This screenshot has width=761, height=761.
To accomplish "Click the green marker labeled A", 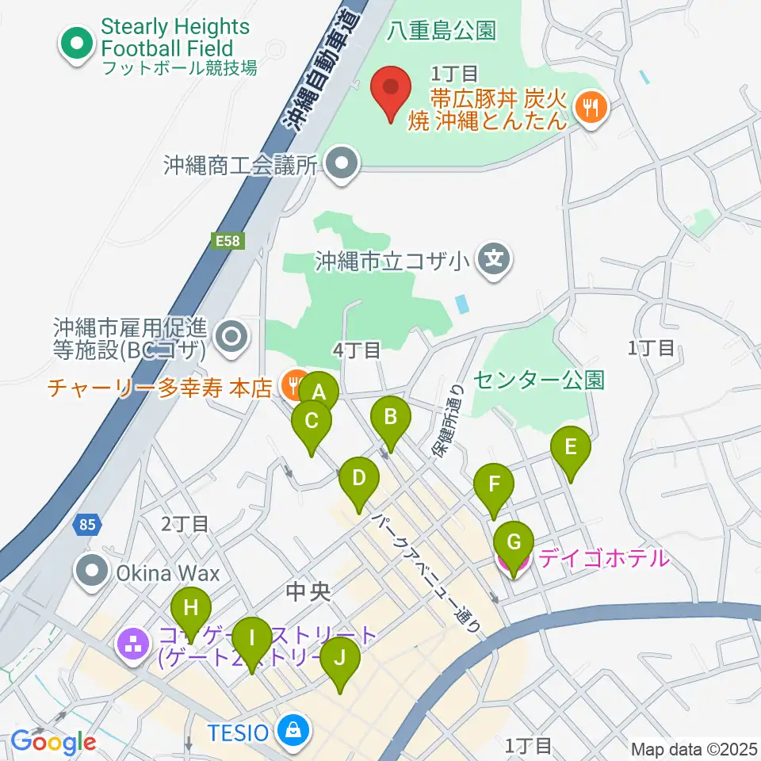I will tap(319, 392).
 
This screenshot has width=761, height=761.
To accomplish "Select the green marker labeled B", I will tap(390, 416).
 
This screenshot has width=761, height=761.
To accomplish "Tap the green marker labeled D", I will tap(359, 478).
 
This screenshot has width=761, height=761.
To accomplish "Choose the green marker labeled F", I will tap(494, 484).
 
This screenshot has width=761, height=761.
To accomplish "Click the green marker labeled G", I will tap(513, 543).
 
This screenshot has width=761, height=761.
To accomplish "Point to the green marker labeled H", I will tap(191, 609).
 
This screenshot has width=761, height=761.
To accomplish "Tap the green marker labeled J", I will tap(341, 658).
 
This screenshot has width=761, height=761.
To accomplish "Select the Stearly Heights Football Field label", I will tap(174, 37).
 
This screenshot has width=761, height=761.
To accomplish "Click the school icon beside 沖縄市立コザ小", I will tap(495, 259).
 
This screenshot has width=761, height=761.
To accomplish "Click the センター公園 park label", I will tap(539, 379).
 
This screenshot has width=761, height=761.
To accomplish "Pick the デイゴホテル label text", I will tap(603, 558).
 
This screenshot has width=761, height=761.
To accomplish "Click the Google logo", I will tap(53, 741).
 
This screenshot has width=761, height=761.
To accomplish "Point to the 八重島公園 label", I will tap(442, 31).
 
